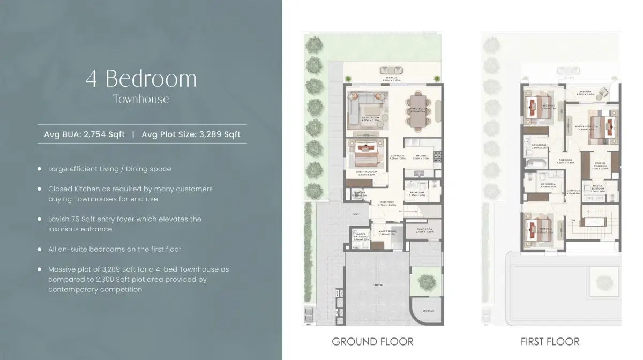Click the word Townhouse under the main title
tap(141, 99)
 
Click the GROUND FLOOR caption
tap(372, 341)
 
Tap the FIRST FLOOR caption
tap(550, 341)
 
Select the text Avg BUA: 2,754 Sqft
tap(84, 134)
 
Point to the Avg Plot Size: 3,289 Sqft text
tap(191, 134)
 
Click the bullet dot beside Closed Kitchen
tap(39, 189)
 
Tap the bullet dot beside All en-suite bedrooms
tap(39, 249)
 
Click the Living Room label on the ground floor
tap(370, 118)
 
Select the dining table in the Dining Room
tap(419, 111)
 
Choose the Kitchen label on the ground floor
tap(421, 157)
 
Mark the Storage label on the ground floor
tap(428, 311)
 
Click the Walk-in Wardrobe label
tap(600, 167)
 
